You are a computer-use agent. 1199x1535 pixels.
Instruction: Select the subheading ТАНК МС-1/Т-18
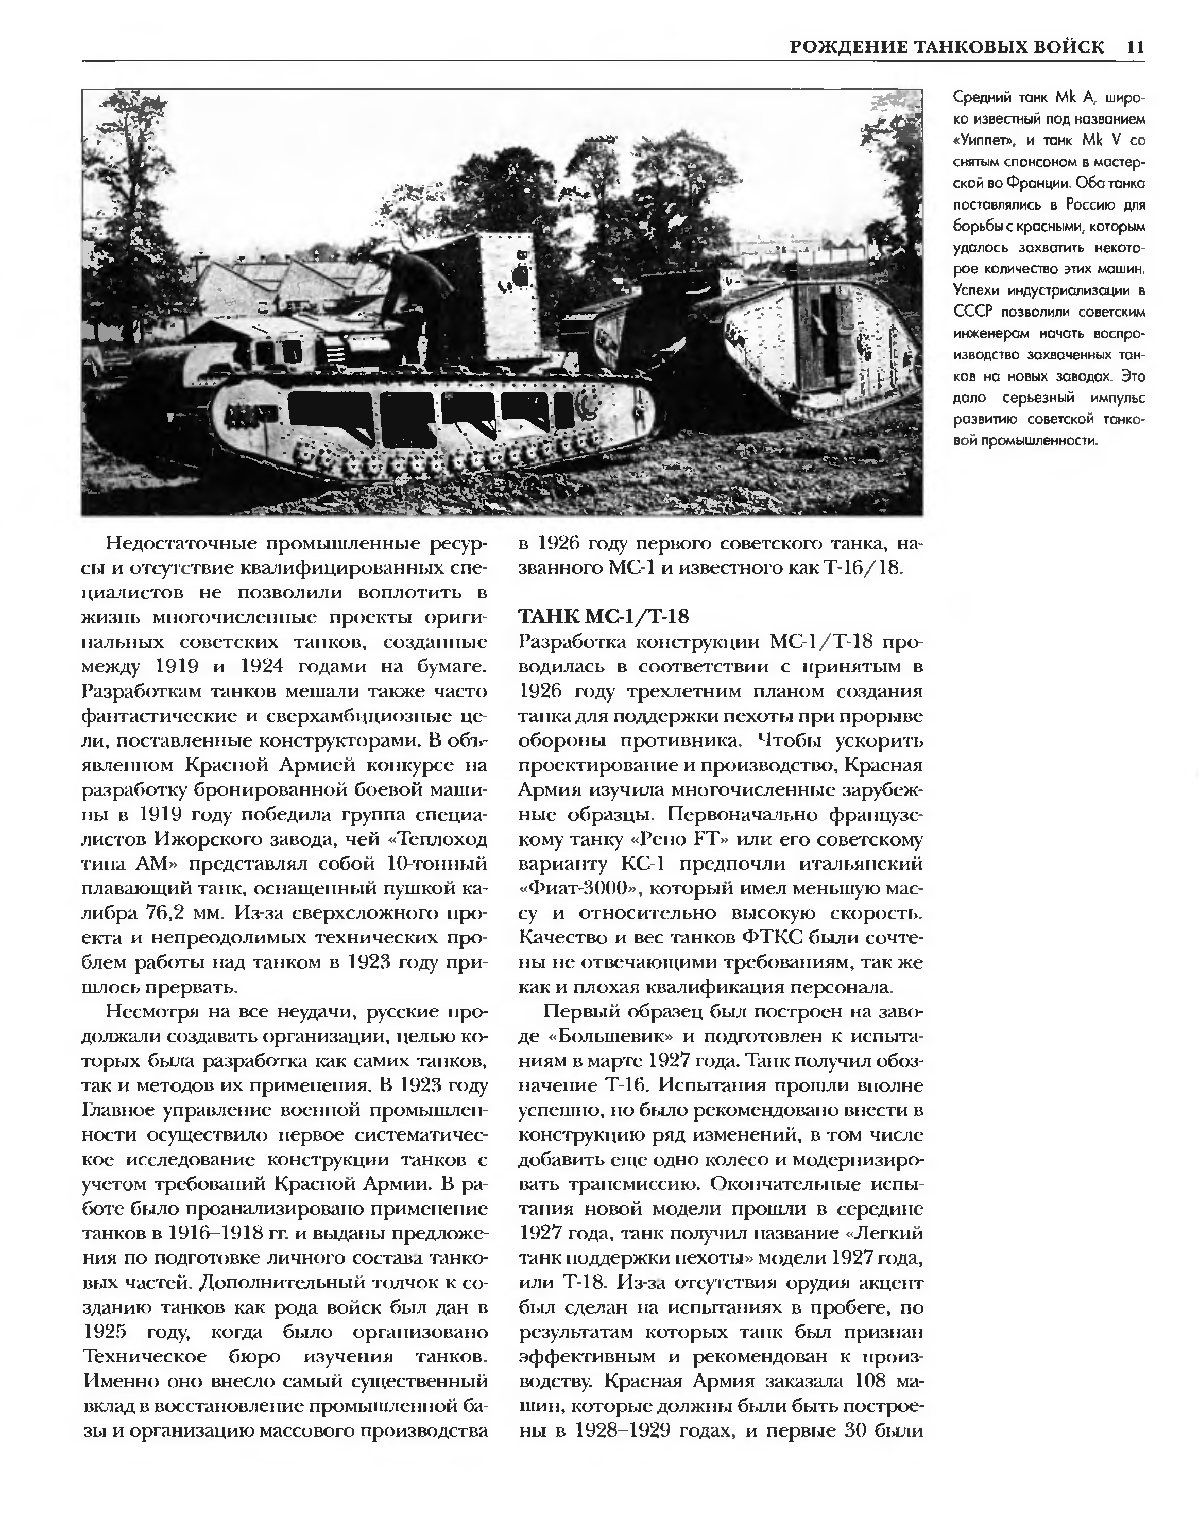pyautogui.click(x=603, y=616)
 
